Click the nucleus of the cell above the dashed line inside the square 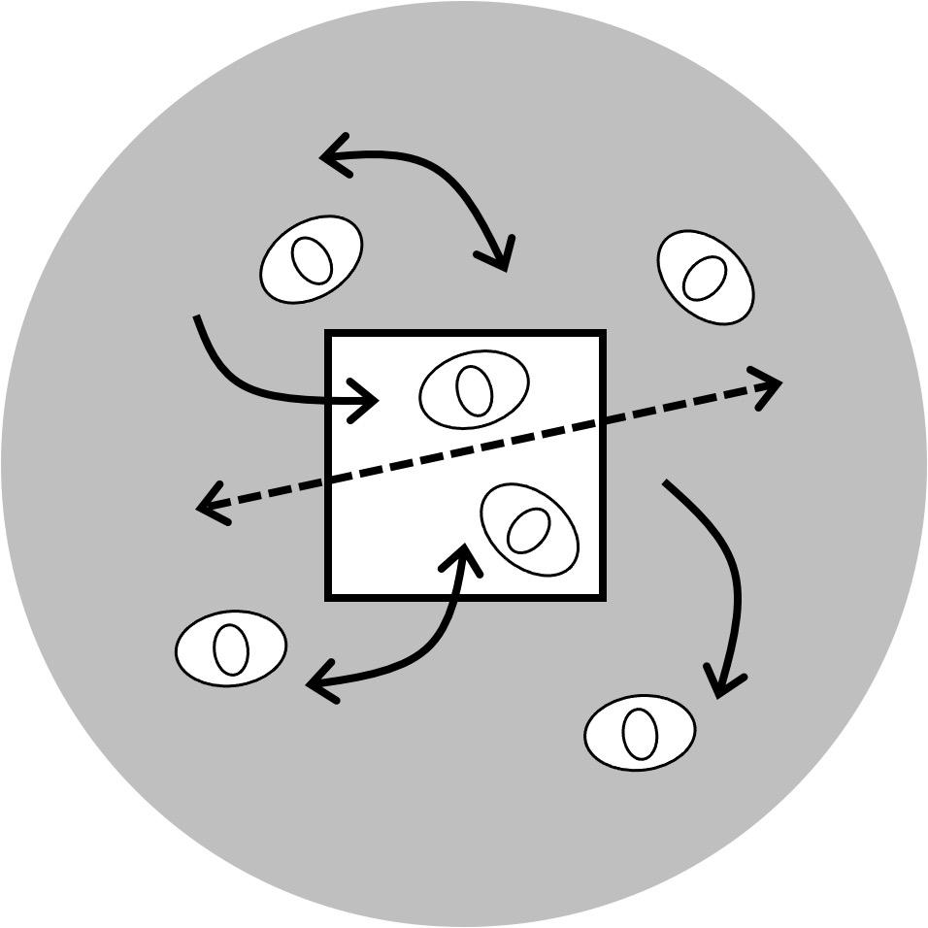tap(475, 390)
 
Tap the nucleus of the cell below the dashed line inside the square tap(528, 529)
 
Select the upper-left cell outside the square tap(311, 258)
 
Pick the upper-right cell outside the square tap(706, 278)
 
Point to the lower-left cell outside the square tap(231, 648)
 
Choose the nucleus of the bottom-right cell tap(640, 733)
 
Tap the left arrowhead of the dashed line tap(201, 506)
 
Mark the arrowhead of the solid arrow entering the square tap(375, 400)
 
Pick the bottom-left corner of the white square tap(329, 596)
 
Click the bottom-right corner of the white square tap(603, 596)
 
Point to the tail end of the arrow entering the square tap(197, 316)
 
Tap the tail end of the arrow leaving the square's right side tap(666, 482)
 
